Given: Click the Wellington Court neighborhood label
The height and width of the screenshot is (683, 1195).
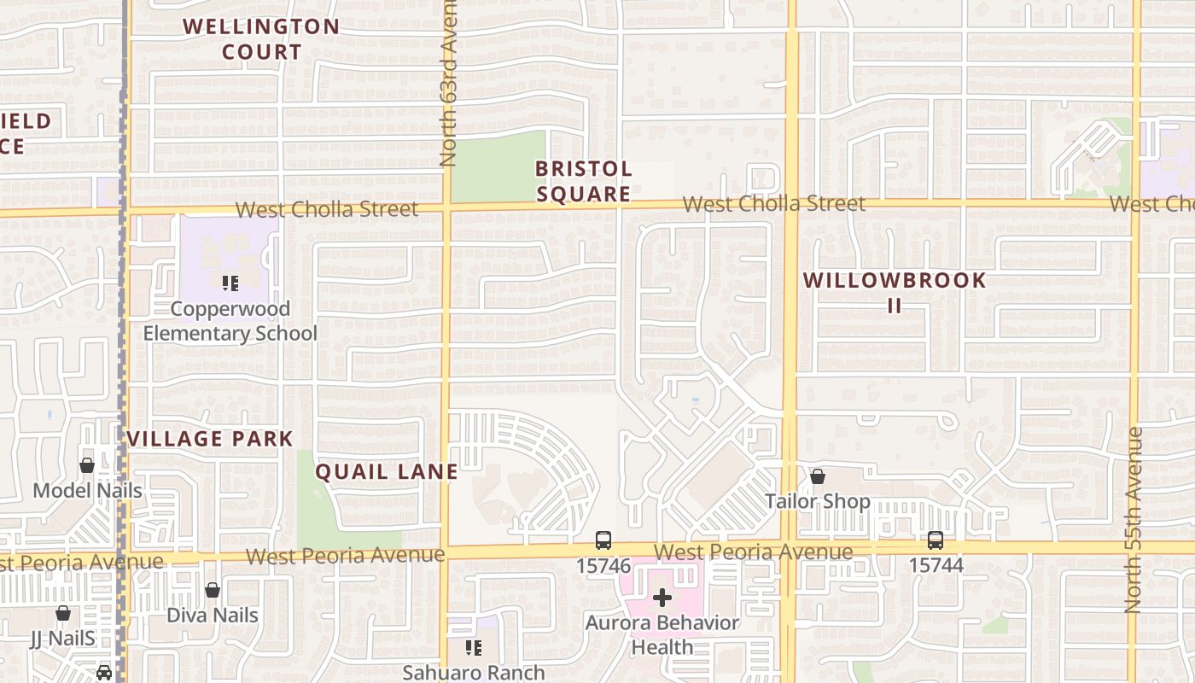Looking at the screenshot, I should pos(261,39).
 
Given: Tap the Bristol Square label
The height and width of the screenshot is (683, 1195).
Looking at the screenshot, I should pos(584,181).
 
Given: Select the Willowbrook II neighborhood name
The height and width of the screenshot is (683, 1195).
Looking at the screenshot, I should pos(895,292).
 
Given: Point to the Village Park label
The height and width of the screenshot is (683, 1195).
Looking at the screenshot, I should pos(210,440).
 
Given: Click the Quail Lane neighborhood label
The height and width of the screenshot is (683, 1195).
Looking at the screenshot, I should pos(387,471).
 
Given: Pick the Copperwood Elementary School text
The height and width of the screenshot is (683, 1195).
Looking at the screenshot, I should pos(230,321).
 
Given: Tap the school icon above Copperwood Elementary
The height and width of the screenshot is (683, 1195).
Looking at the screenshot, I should pos(230,283).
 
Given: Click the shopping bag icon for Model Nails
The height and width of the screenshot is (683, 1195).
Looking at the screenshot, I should pos(87,465).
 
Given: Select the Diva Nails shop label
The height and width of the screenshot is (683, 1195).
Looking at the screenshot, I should pos(212,615).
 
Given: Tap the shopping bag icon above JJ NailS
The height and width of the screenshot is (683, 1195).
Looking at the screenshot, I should pos(63,612).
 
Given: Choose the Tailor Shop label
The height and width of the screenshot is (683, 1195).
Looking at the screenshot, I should pos(818,501).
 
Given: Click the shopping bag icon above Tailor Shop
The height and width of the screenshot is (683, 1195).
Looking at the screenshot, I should pos(818,476).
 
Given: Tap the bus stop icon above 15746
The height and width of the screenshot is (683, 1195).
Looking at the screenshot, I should pos(603,540).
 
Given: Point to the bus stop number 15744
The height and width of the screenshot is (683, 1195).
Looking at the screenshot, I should pos(936,565).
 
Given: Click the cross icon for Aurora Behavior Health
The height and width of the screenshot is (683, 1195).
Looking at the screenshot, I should pos(662,598).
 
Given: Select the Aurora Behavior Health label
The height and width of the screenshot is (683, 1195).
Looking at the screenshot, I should pos(662,634).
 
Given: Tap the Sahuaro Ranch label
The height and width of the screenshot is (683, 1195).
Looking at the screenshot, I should pos(474,673).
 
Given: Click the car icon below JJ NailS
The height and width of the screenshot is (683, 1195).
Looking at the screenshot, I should pos(104,673).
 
